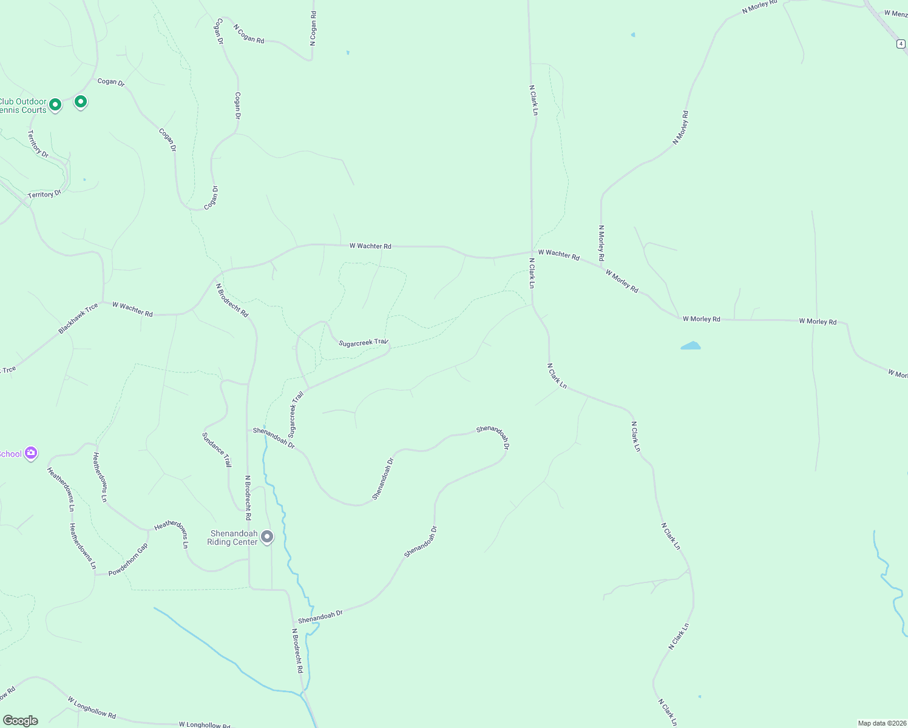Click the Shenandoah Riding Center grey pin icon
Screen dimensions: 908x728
click(x=267, y=536)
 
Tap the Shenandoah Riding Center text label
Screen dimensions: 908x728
click(x=233, y=538)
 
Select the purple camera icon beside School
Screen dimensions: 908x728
click(x=31, y=453)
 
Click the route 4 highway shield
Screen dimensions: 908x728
click(x=901, y=44)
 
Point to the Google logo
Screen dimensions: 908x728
click(x=21, y=721)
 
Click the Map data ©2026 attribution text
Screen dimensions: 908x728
click(x=881, y=723)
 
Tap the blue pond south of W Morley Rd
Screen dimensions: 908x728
click(x=691, y=346)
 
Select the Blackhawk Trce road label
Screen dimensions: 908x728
click(x=78, y=318)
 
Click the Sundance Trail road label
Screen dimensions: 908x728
click(x=217, y=450)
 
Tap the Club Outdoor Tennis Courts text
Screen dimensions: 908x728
click(x=23, y=106)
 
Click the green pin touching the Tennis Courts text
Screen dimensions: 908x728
click(x=55, y=105)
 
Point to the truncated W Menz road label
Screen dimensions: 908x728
click(x=895, y=13)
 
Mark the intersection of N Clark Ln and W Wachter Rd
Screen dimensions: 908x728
click(x=532, y=252)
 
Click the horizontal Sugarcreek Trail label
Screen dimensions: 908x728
click(x=363, y=343)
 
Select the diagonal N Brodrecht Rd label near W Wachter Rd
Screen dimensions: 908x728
click(x=232, y=300)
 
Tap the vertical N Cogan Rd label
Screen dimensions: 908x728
click(x=313, y=28)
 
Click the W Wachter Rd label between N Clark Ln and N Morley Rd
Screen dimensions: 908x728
click(x=558, y=254)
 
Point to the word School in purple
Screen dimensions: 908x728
click(x=10, y=454)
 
